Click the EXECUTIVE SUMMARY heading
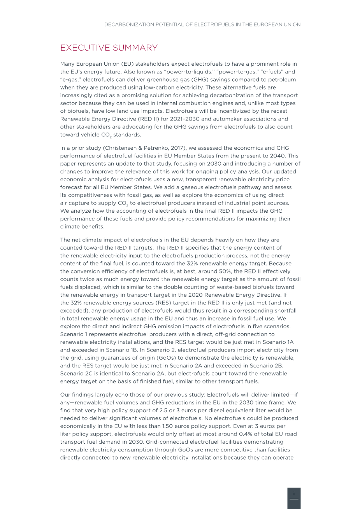109,48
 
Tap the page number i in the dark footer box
294,493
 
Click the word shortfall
284,311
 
